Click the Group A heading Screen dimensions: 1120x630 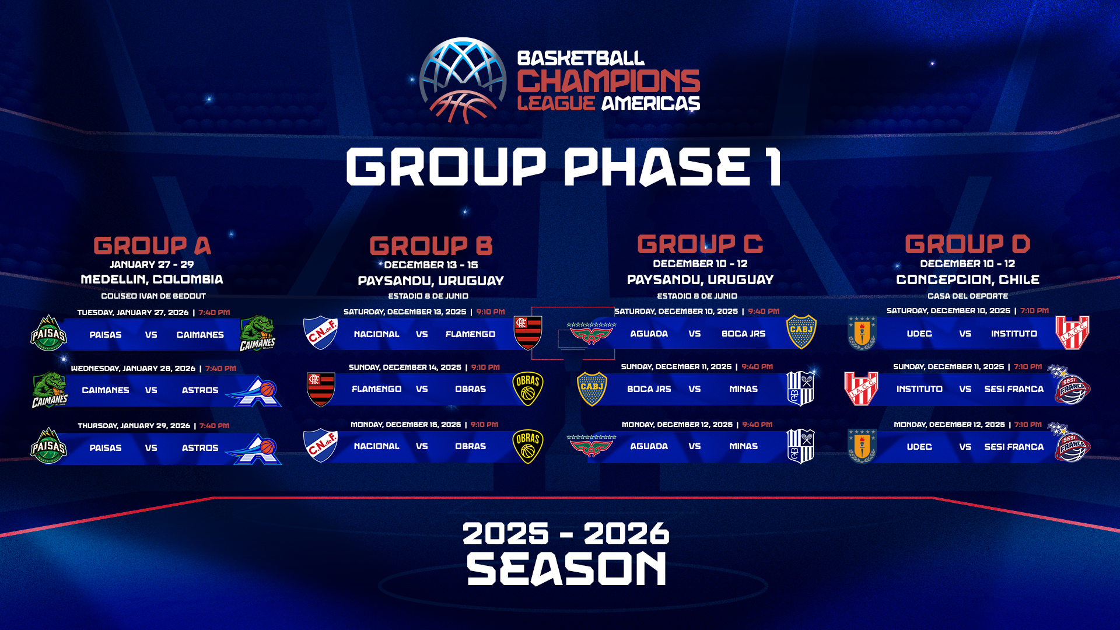152,246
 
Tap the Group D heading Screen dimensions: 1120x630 968,244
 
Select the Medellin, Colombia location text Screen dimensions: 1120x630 152,279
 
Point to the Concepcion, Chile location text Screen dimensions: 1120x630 968,280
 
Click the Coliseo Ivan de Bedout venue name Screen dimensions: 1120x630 153,296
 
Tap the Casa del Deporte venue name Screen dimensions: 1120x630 968,296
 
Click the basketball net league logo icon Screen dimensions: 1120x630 463,80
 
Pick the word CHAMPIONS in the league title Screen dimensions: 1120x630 608,81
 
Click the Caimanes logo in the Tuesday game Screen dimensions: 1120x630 257,334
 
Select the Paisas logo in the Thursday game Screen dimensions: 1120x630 48,446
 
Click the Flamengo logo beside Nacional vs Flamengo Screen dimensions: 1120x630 528,333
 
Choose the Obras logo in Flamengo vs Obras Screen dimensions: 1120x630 528,389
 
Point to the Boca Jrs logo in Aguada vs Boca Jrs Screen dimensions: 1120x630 801,332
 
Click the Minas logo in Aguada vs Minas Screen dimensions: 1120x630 800,446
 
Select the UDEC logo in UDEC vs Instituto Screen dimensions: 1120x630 862,333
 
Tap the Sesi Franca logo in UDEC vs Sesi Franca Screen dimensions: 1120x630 1071,443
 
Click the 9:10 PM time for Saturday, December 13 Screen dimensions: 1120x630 491,312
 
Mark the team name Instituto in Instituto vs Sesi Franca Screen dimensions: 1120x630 919,389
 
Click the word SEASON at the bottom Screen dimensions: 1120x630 566,569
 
